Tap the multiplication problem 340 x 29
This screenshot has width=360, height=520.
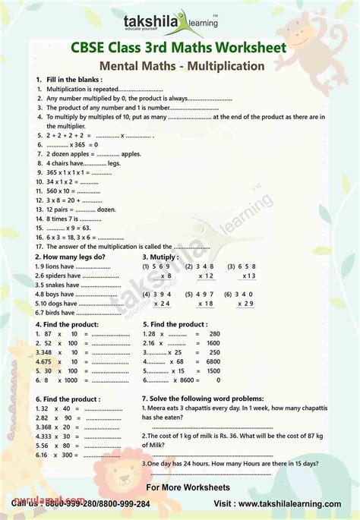tap(245, 298)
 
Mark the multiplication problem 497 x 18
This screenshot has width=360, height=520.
tap(204, 298)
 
